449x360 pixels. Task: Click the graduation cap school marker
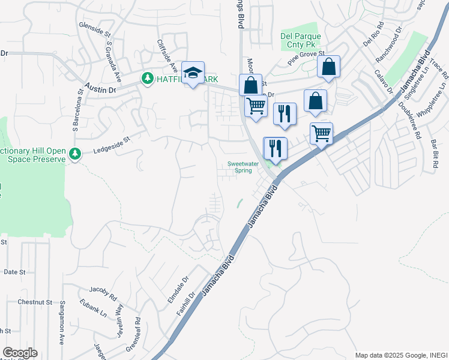pyautogui.click(x=193, y=73)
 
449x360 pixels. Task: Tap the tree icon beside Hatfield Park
pyautogui.click(x=146, y=79)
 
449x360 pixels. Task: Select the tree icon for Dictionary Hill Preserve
pyautogui.click(x=75, y=154)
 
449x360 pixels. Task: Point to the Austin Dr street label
pyautogui.click(x=100, y=89)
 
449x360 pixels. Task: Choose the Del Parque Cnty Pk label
pyautogui.click(x=301, y=40)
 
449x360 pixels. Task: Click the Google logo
pyautogui.click(x=19, y=353)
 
